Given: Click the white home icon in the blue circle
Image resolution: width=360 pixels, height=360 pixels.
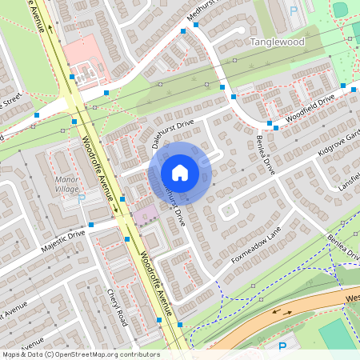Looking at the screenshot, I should coord(180,172).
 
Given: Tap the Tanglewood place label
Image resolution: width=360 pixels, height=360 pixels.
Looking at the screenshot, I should coord(278,41).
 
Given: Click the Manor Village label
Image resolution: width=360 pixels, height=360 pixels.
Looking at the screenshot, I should coord(66,184).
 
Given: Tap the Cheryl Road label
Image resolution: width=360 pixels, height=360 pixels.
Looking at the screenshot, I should coord(117,306).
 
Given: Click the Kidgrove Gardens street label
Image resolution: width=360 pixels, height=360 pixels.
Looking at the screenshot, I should coord(340,139).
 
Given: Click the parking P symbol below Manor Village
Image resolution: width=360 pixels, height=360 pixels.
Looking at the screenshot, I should coord(80,197).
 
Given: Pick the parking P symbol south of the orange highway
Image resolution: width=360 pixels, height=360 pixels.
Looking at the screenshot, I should coord(282,346).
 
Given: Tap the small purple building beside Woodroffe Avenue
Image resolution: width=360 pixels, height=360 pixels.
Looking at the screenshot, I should coord(146,214).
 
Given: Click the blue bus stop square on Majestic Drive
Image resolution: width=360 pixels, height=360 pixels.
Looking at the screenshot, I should coord(91,225).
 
